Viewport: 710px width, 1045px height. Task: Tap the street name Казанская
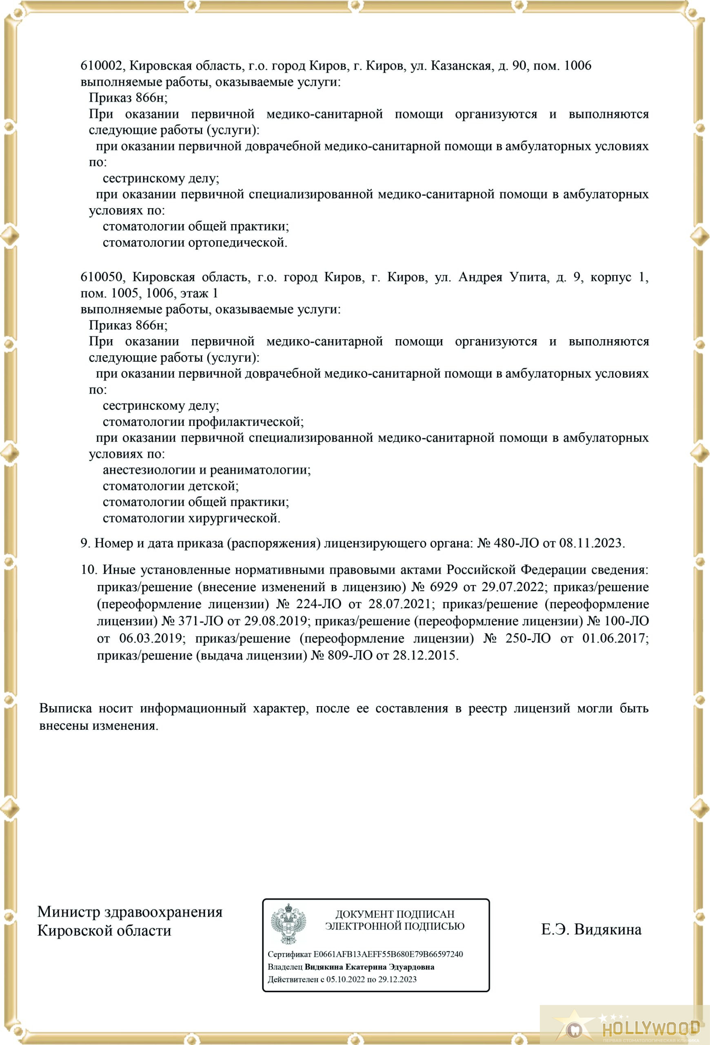pyautogui.click(x=461, y=66)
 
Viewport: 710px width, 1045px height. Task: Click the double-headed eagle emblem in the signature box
pyautogui.click(x=288, y=924)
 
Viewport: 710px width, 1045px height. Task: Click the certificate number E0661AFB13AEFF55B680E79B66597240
pyautogui.click(x=388, y=954)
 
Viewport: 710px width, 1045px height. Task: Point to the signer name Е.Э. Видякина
pyautogui.click(x=591, y=929)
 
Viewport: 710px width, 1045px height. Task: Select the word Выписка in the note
pyautogui.click(x=66, y=708)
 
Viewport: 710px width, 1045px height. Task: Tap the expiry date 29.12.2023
pyautogui.click(x=397, y=979)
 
